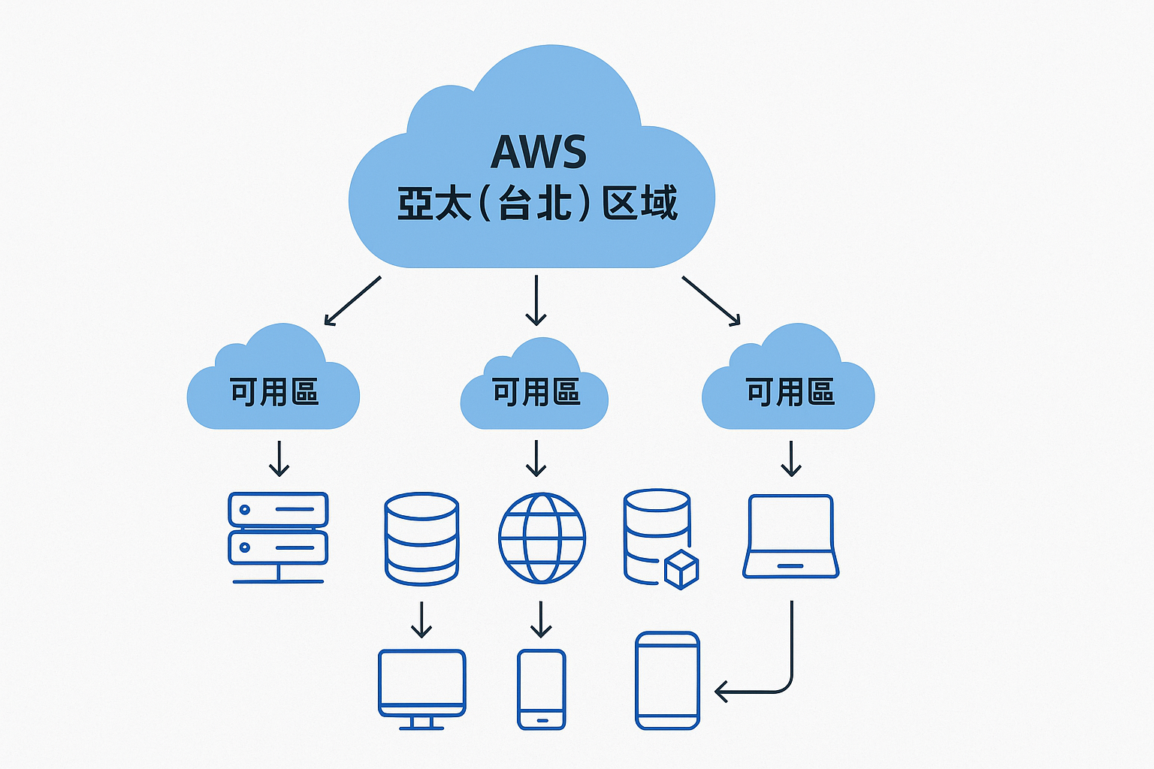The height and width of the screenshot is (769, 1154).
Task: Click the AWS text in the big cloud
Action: [x=538, y=152]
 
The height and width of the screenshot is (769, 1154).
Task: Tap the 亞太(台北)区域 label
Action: [x=537, y=203]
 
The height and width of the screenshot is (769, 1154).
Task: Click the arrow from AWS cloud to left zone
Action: [x=352, y=300]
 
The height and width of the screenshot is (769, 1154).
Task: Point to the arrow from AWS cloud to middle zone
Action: [x=536, y=300]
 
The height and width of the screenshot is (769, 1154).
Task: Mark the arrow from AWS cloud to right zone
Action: [x=711, y=300]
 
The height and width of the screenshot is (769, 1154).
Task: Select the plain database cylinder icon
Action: [x=421, y=538]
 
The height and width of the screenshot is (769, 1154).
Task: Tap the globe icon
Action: [x=542, y=538]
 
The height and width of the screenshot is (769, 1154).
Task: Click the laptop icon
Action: [x=790, y=536]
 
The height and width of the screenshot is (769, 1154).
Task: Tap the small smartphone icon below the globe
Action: [x=541, y=689]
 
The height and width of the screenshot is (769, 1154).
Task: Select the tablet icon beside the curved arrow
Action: [x=667, y=680]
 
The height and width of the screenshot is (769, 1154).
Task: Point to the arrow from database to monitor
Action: [x=421, y=620]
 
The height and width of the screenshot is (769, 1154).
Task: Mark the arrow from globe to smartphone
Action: [x=541, y=620]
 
